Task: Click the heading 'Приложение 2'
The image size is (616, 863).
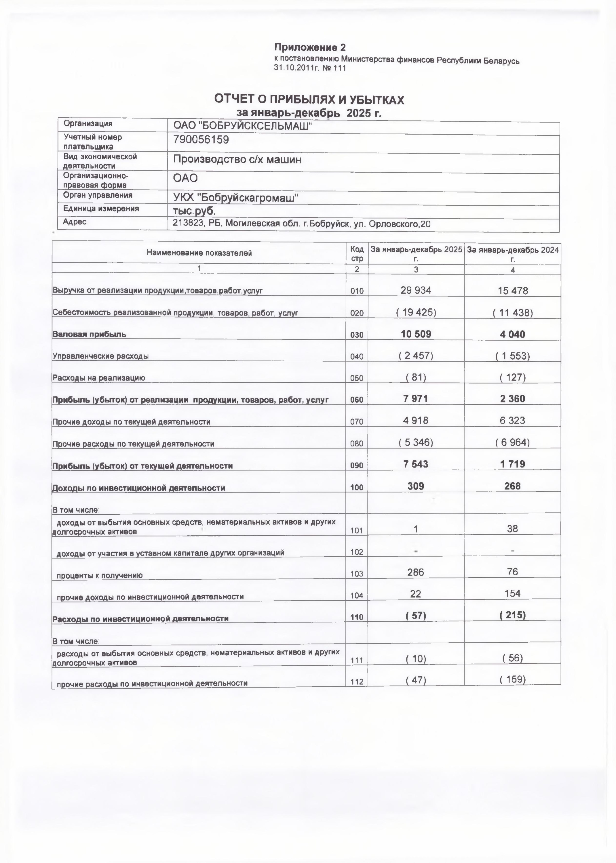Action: coord(310,48)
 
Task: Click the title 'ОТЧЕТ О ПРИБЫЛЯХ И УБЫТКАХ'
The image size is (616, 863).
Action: coord(309,100)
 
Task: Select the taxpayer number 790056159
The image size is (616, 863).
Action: coord(201,140)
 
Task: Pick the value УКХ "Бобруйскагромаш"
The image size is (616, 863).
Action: coord(235,197)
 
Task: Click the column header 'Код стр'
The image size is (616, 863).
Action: coord(357,253)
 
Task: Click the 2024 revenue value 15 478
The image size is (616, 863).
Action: coord(512,291)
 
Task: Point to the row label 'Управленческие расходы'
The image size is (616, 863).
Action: coord(100,356)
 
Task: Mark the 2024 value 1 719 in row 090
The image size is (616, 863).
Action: coord(512,464)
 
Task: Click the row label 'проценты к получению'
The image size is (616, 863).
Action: coord(99,575)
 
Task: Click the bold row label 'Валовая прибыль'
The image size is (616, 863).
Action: coord(89,334)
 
